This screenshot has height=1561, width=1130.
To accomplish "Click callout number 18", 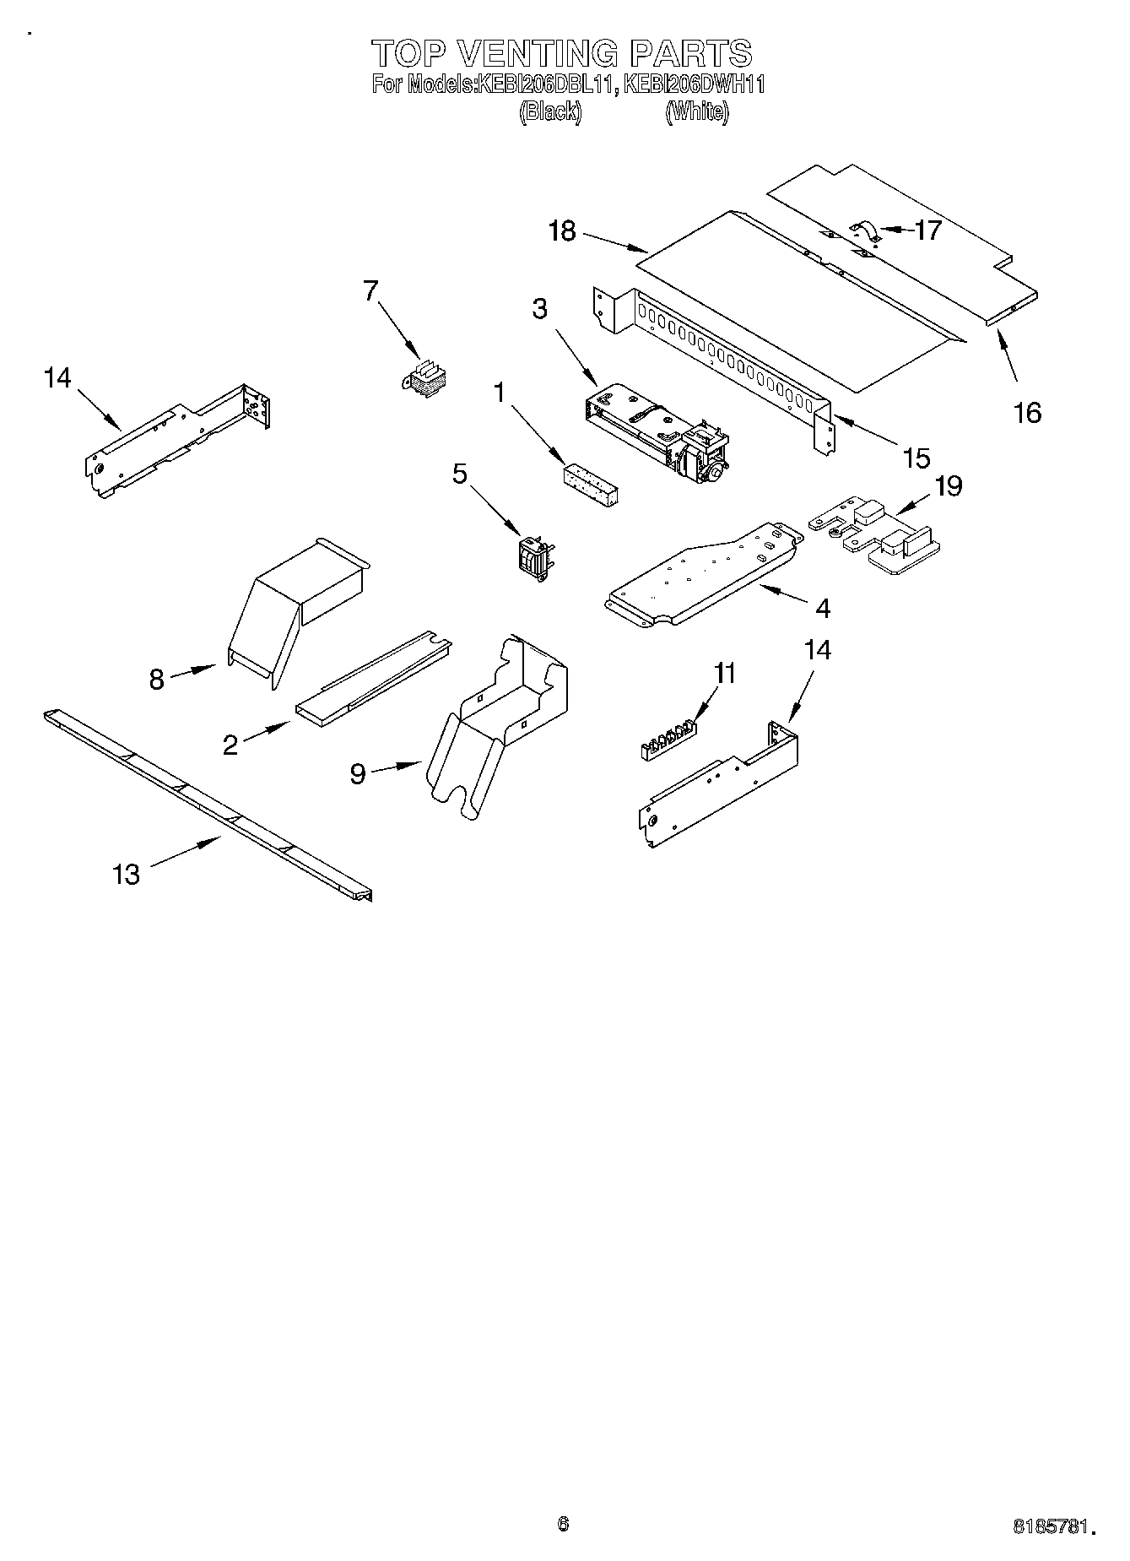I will [562, 231].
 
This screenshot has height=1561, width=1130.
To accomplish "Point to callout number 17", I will [927, 230].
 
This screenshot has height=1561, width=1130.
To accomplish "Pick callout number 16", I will [1027, 413].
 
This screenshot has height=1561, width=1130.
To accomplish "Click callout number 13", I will [126, 874].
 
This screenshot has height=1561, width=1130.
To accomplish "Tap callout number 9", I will [358, 773].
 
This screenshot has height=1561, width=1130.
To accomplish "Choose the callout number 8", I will [156, 679].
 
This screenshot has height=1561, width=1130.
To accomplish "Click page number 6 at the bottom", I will [563, 1523].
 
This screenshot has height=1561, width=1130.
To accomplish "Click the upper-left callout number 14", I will [57, 377].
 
